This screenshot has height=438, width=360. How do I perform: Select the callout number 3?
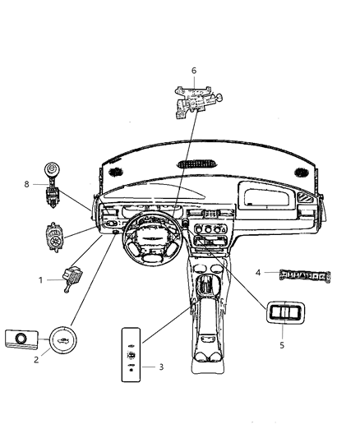[x=161, y=366]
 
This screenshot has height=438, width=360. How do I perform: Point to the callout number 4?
[x=257, y=272]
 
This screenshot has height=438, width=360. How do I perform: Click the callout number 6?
[x=194, y=71]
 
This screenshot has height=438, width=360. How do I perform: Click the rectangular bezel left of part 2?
[x=21, y=338]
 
